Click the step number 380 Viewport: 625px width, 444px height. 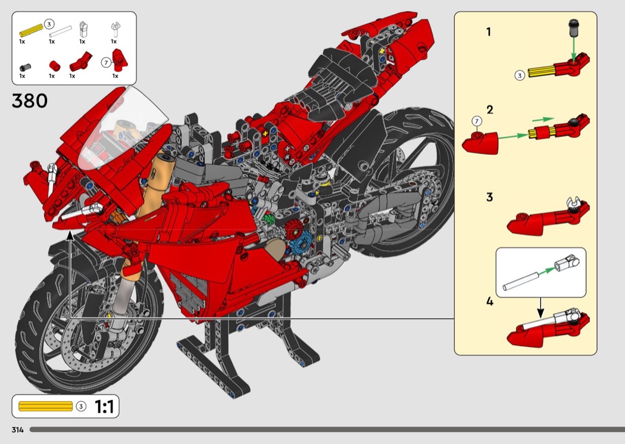pos(30,101)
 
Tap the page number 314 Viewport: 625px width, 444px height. pos(17,430)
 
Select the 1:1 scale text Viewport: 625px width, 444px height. pos(104,407)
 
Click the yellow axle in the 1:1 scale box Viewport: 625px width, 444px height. pos(45,406)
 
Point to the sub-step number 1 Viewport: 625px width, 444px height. pos(489,32)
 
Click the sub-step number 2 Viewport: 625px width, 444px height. pos(490,110)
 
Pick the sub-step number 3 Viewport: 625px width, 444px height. pos(489,197)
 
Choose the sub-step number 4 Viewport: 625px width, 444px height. pos(489,301)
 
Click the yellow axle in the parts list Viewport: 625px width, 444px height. pos(31,30)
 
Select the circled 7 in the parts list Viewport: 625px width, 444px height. pos(105,63)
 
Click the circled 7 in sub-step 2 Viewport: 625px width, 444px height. pos(476,121)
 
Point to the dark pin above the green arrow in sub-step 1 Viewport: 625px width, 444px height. pos(574,26)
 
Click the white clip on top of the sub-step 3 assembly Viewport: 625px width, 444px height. pos(573,202)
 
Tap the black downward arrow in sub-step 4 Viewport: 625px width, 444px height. pos(540,307)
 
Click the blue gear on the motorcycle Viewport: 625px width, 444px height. pos(299,242)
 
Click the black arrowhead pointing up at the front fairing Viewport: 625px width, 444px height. pos(70,235)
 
